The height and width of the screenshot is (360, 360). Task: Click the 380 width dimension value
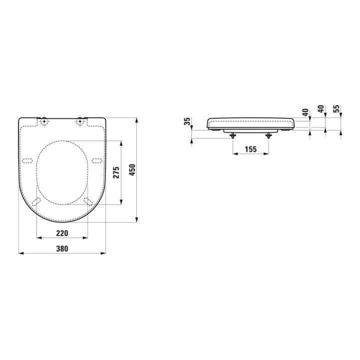pyautogui.click(x=61, y=248)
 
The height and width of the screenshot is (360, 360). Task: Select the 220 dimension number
pyautogui.click(x=61, y=233)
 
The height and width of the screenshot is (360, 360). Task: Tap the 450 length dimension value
pyautogui.click(x=132, y=170)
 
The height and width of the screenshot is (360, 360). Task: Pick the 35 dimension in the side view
pyautogui.click(x=187, y=121)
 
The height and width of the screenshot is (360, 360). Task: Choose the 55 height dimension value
pyautogui.click(x=336, y=108)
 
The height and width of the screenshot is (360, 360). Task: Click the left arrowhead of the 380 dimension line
pyautogui.click(x=20, y=253)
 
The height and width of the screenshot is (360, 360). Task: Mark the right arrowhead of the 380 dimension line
pyautogui.click(x=103, y=253)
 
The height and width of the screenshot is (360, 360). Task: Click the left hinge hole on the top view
pyautogui.click(x=44, y=120)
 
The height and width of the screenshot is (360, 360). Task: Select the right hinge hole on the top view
pyautogui.click(x=80, y=120)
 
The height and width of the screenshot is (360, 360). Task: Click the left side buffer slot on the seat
pyautogui.click(x=27, y=161)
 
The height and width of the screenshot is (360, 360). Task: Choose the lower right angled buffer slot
pyautogui.click(x=88, y=201)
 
